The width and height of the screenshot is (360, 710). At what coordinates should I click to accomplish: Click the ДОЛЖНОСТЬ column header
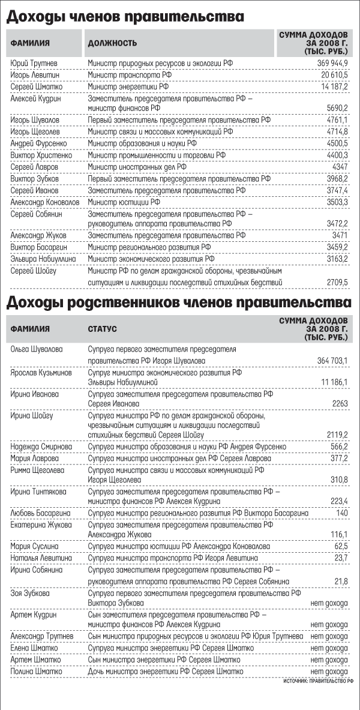click(112, 43)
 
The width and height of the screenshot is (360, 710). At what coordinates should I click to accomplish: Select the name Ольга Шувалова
click(37, 349)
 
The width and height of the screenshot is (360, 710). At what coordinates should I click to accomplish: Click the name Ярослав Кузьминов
click(41, 372)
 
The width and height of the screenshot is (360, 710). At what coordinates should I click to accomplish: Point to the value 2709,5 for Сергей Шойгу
click(337, 281)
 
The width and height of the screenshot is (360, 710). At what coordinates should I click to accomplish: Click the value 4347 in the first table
click(339, 166)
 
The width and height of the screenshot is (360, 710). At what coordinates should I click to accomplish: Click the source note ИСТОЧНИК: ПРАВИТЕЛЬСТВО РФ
click(319, 682)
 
